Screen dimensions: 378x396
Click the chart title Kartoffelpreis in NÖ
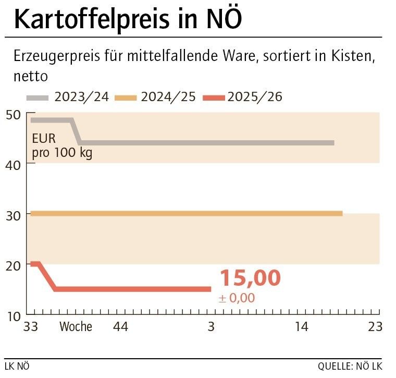point(128,19)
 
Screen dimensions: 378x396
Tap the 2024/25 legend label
point(168,97)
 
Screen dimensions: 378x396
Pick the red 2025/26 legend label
point(255,97)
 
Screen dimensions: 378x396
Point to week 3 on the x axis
point(211,327)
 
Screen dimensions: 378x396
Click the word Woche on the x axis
point(76,327)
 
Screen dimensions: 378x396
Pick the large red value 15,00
point(250,278)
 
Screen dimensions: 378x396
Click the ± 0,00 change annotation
point(237,298)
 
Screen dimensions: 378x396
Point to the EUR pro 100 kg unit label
point(61,147)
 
